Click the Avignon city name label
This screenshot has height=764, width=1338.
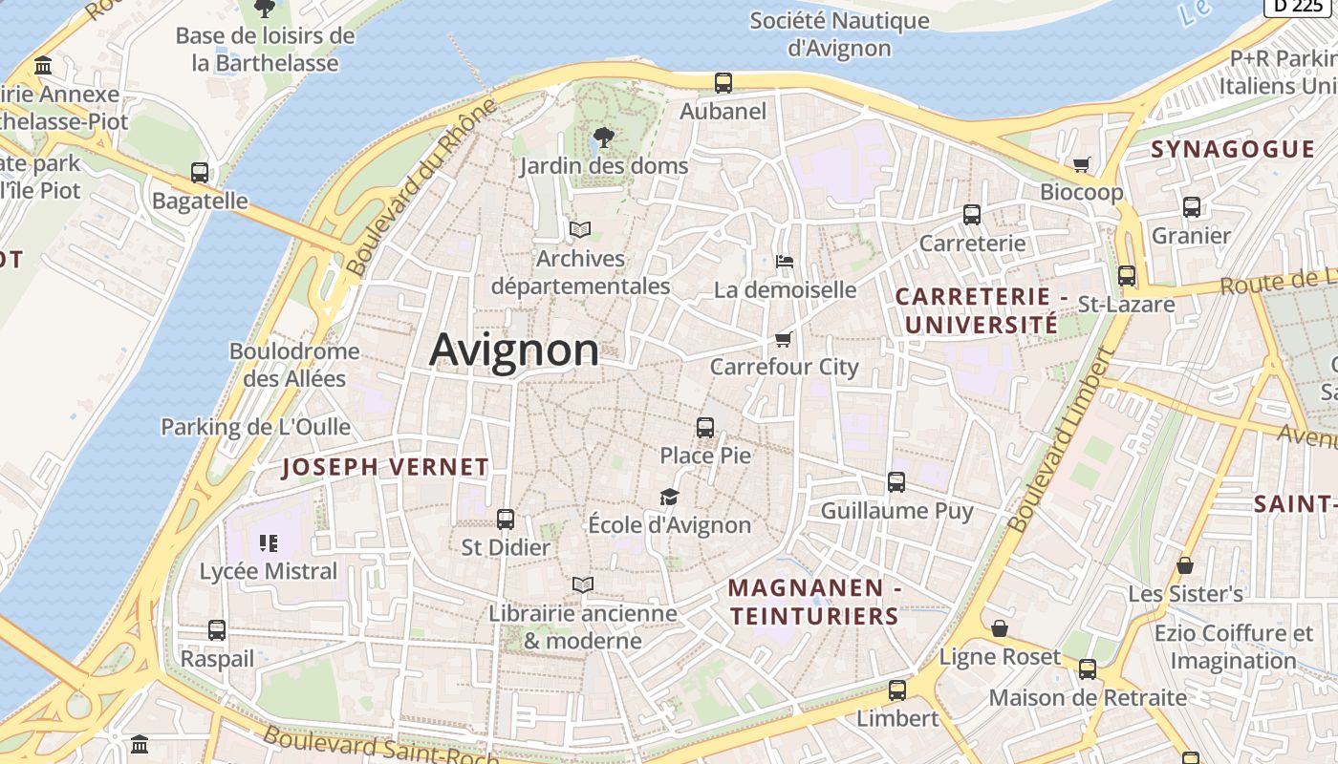514,350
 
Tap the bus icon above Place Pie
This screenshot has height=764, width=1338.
705,428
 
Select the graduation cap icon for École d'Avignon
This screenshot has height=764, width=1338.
669,498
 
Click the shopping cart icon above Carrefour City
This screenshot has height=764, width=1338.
784,339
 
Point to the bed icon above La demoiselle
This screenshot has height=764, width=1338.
784,262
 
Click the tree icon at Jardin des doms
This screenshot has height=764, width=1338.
603,138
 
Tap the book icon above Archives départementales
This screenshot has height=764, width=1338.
580,229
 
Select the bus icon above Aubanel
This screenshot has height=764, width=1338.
723,83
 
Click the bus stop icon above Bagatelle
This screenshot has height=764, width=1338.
200,173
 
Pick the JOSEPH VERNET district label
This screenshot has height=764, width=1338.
386,467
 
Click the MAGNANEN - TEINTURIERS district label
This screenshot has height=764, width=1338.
814,603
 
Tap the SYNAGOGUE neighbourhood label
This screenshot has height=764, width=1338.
1233,149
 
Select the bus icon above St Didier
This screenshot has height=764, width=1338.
506,520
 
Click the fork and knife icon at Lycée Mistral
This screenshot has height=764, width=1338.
269,543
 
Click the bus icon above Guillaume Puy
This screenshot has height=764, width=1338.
896,482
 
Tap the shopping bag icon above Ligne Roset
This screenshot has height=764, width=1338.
1000,628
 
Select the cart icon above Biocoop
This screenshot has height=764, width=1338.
1082,164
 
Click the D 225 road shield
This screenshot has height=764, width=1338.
1300,6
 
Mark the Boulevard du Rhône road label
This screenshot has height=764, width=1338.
422,187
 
